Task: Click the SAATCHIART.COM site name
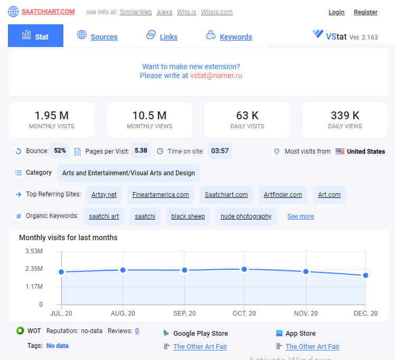point(48,12)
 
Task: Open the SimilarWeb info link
point(136,12)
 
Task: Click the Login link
point(336,12)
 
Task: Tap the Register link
point(365,12)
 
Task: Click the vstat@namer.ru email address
point(216,75)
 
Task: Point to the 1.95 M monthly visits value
point(52,116)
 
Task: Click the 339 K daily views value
point(345,116)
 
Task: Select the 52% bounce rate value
point(60,150)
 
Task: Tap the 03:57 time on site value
point(220,151)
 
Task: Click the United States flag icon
point(340,151)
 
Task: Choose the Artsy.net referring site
point(104,195)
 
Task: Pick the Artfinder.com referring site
point(283,195)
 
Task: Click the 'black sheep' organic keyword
point(188,216)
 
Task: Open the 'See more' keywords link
point(300,216)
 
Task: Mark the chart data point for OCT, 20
point(244,269)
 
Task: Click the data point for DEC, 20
point(365,276)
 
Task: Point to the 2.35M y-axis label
point(34,269)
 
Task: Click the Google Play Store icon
point(166,333)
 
